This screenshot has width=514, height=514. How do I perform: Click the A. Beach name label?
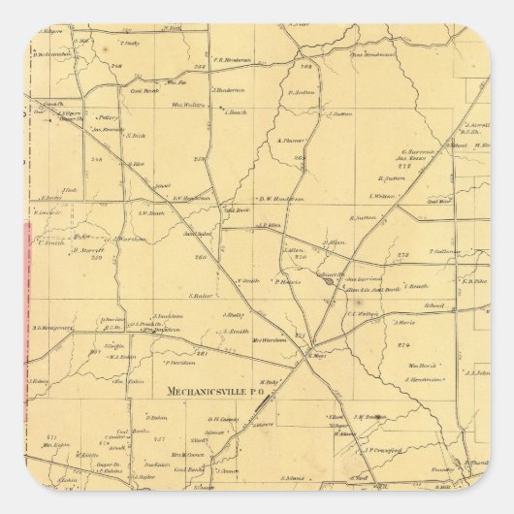click(x=238, y=112)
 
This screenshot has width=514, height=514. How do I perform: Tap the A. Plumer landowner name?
click(x=291, y=139)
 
